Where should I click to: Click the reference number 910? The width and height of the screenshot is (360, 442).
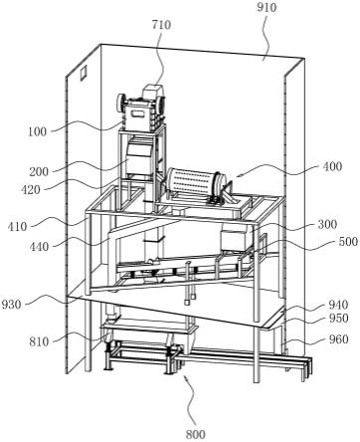pos(267,7)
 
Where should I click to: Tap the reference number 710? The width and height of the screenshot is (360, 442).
pos(161,25)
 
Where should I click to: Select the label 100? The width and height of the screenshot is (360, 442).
pos(37,131)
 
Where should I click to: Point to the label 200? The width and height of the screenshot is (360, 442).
pos(39,172)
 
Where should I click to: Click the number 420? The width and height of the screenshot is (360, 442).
pos(31,190)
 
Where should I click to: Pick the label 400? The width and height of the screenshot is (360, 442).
pos(332,166)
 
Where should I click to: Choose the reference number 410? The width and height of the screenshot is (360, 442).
pos(17,227)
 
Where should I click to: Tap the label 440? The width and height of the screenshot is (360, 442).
pos(39,247)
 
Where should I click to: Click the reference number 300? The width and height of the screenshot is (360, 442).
pos(327,224)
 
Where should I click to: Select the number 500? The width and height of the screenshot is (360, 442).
pos(348,241)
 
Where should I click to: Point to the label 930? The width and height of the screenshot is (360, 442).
pos(12,304)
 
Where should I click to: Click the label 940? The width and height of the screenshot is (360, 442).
pos(338,305)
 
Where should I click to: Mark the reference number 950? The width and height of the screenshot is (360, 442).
pos(338,319)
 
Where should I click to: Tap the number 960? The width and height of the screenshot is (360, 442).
pos(338,339)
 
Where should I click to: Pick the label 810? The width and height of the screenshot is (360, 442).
pos(39,341)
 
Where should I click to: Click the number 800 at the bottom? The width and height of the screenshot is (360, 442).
pos(196,434)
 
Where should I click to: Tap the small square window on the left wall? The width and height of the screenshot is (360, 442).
pos(83,73)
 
